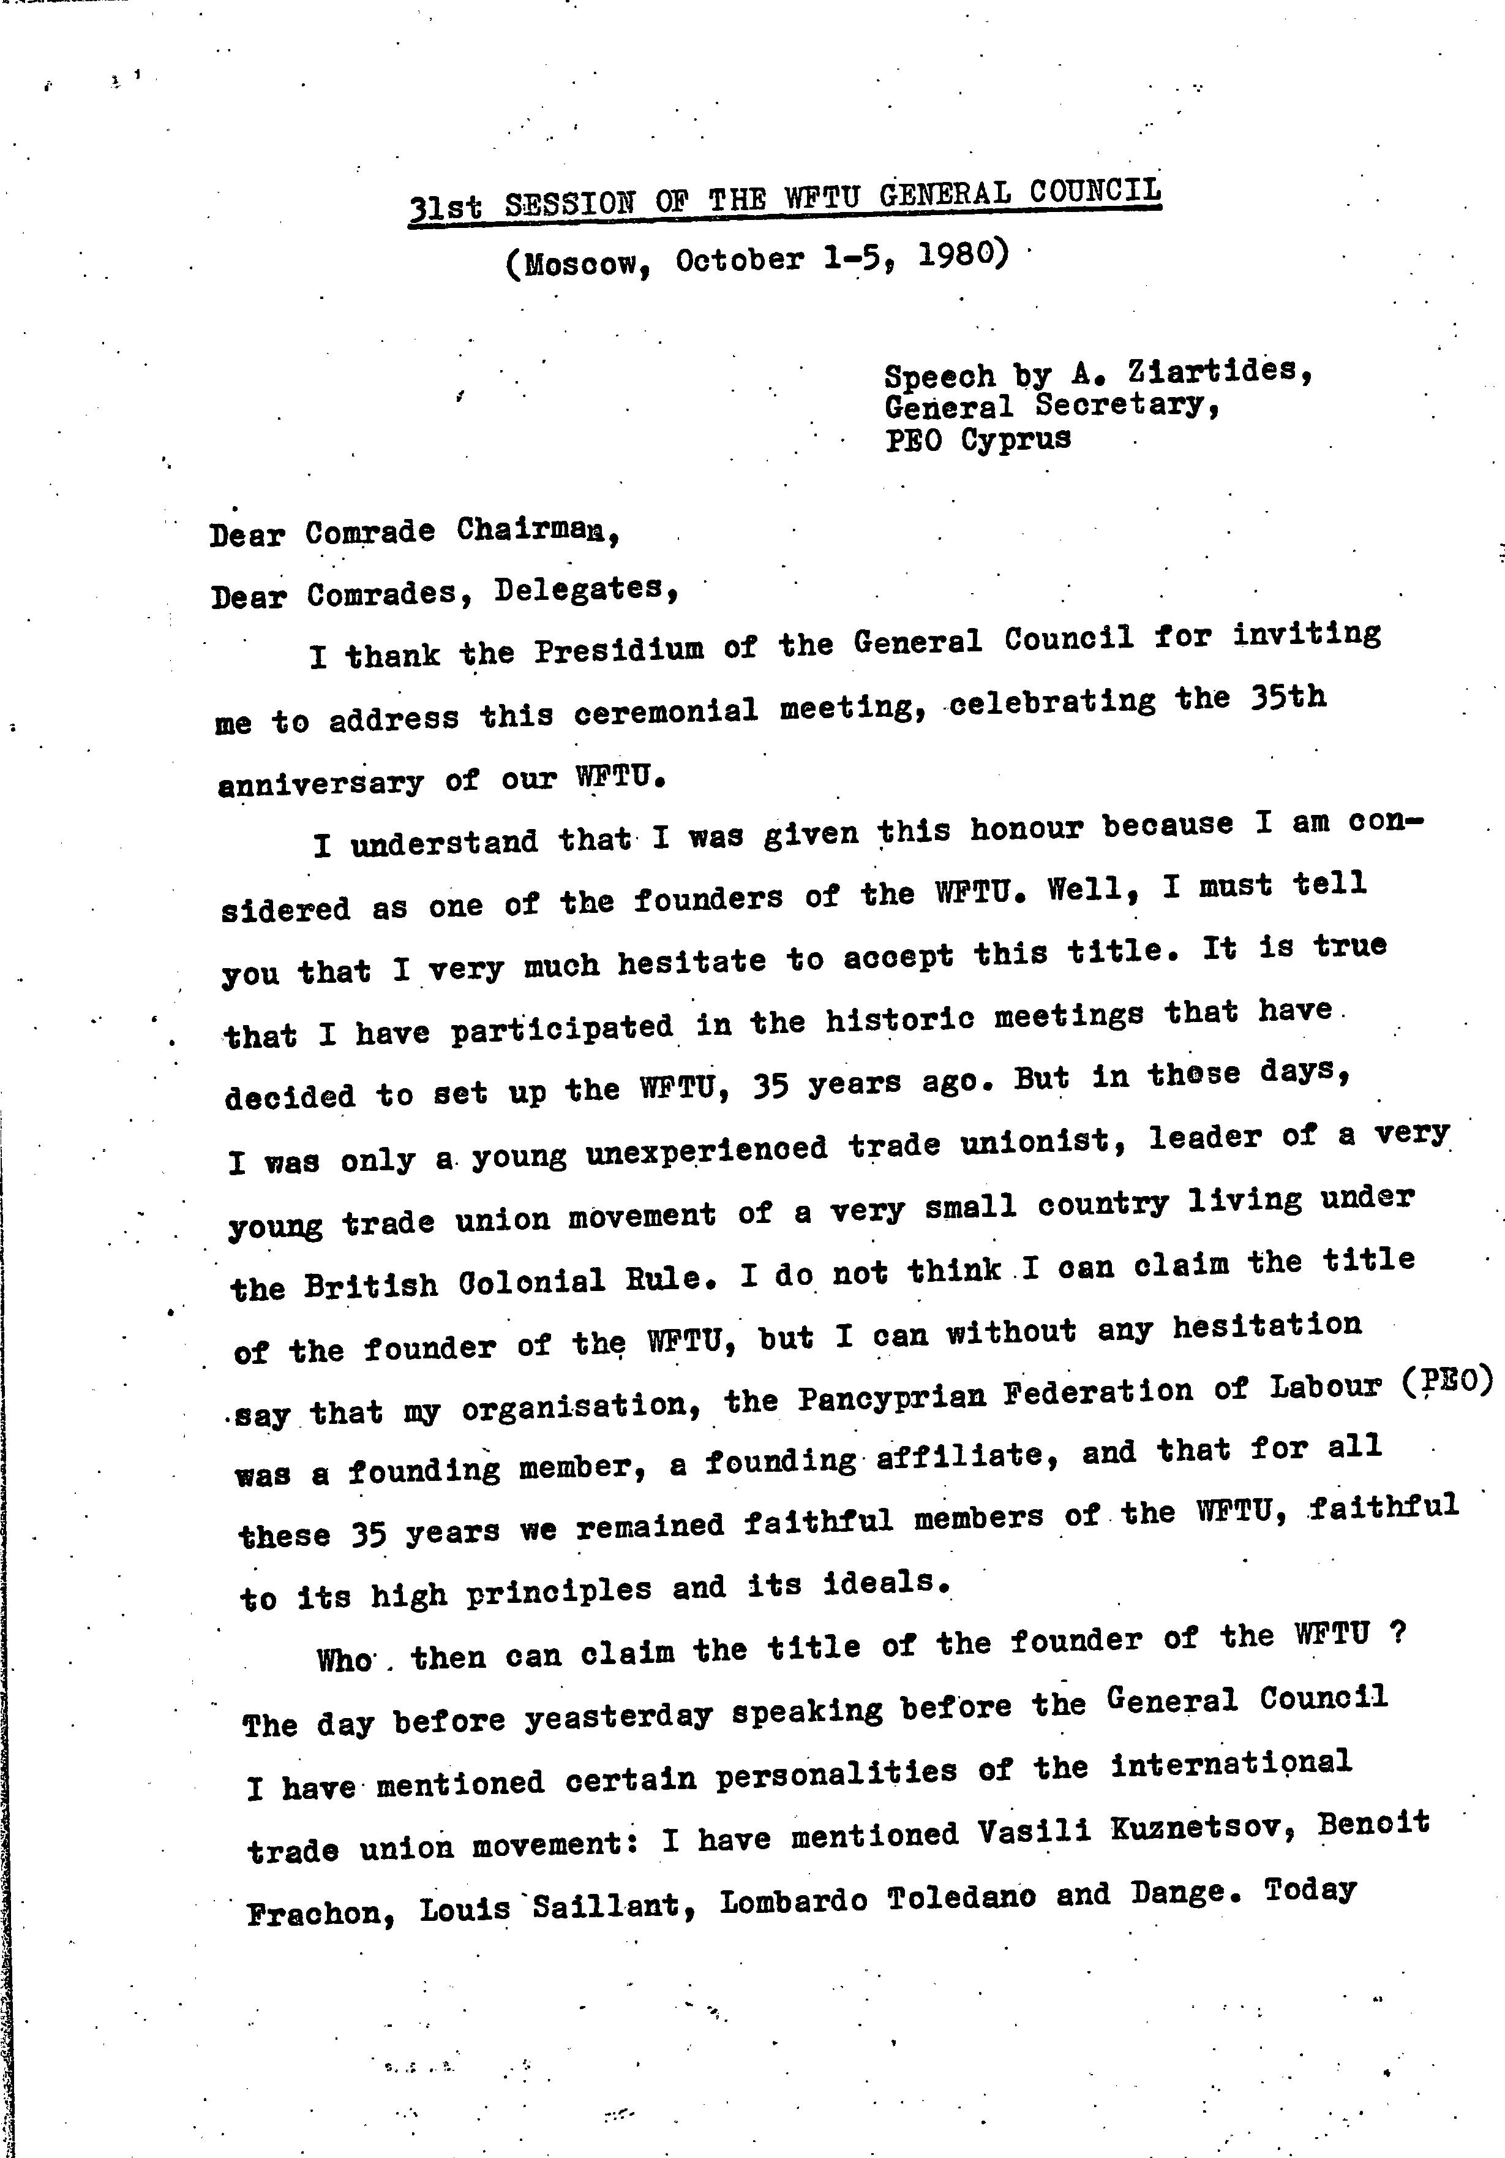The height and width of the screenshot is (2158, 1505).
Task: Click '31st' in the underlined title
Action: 445,206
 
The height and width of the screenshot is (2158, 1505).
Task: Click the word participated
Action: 562,1028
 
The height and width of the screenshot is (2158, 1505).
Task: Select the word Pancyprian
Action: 891,1399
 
